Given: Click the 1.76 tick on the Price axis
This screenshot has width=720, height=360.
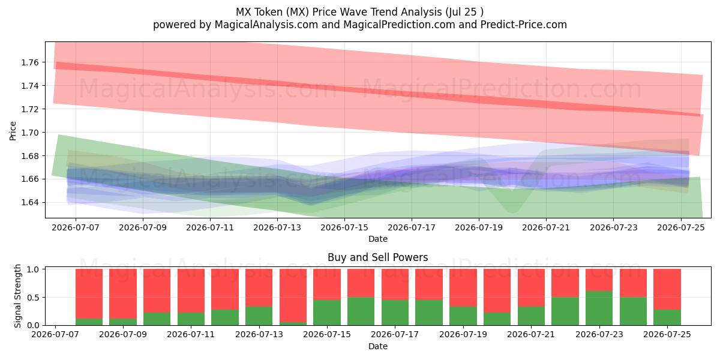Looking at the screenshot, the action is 29,62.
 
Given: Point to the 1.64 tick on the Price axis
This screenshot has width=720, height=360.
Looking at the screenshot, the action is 29,203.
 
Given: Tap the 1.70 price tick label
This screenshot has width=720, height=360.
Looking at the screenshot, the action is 29,133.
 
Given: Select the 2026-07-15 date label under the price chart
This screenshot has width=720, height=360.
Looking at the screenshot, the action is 344,227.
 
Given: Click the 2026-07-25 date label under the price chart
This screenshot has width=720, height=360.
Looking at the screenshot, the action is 681,227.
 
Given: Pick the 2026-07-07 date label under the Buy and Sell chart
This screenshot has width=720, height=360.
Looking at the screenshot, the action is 55,334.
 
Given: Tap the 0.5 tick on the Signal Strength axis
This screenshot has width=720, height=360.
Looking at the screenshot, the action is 33,298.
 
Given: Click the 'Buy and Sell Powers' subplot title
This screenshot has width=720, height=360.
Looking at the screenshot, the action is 377,257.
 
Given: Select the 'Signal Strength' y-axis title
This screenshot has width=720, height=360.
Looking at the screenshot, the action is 17,296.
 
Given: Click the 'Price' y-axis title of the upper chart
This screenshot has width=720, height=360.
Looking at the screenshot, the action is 13,131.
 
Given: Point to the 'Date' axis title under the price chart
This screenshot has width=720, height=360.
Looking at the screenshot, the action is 378,239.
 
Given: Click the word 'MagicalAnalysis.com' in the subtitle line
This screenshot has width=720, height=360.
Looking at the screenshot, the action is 266,25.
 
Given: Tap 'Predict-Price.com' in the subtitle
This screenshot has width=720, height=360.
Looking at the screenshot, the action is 524,25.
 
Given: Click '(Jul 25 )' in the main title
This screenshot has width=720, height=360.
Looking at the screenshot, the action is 464,12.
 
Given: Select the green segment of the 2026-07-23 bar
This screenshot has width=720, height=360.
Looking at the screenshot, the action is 599,308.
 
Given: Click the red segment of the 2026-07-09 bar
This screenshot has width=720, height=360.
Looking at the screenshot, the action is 123,293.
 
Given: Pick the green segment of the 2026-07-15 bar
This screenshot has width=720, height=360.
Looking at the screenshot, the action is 327,313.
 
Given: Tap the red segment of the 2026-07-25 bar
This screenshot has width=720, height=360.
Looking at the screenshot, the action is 667,289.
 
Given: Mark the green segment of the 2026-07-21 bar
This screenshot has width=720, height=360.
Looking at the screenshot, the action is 532,316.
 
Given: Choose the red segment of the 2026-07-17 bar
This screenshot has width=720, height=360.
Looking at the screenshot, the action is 395,284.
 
